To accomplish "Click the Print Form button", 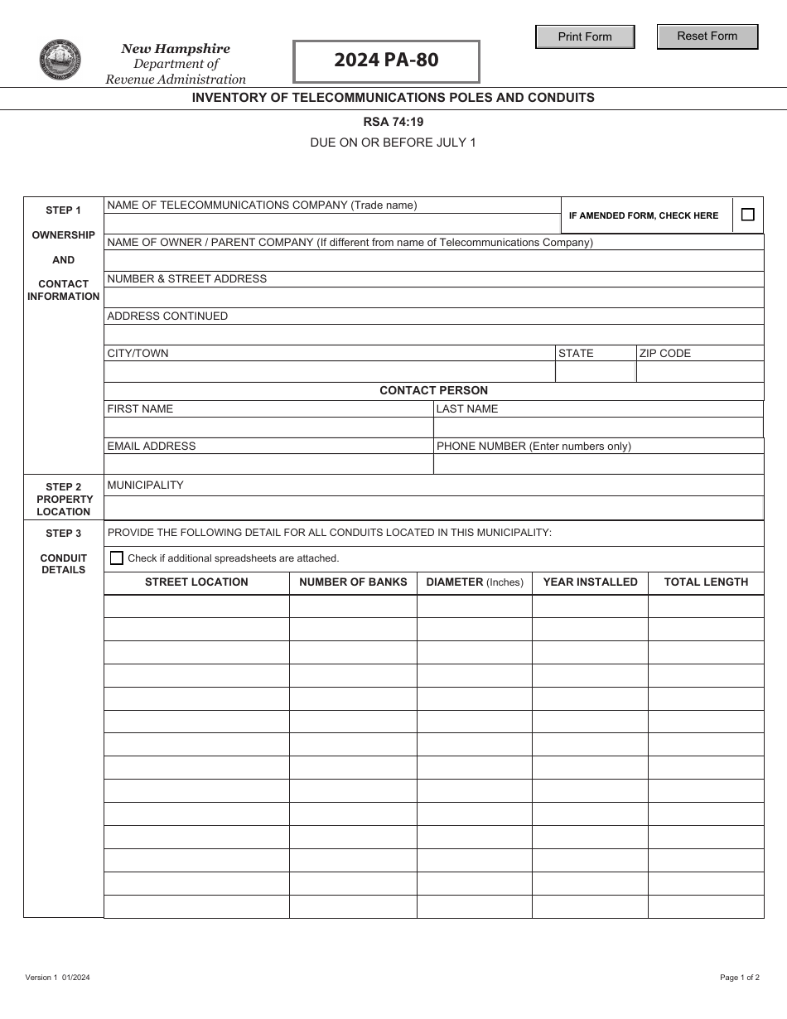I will [585, 36].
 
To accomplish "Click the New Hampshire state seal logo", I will [60, 60].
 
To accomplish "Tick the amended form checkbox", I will [748, 215].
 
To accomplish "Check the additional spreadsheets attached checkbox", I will [117, 558].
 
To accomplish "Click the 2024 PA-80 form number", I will [386, 60].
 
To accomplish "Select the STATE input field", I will [595, 372].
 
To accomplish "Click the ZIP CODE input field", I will [700, 372].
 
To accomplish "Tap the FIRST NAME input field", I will [268, 427].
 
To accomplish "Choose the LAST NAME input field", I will [598, 427].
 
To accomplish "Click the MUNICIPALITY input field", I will [433, 507].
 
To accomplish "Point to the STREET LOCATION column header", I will [196, 582].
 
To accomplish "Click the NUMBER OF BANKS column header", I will [353, 582].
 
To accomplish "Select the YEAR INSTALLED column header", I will [590, 582].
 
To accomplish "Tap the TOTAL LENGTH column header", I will [706, 582].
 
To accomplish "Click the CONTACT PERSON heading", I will [433, 390].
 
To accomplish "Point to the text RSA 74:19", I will [393, 121].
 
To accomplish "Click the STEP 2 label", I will [64, 487].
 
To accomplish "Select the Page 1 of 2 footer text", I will [739, 978].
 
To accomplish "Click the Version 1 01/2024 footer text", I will [58, 978].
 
